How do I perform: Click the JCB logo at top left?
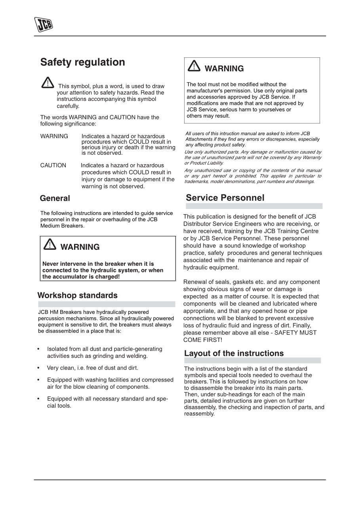[43, 25]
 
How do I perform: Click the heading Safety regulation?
[82, 63]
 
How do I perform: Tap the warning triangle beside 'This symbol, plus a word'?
[47, 82]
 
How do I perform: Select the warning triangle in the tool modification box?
[194, 66]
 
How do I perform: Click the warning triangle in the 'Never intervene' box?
[50, 245]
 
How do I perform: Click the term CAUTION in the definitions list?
[53, 165]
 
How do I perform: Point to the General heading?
[55, 199]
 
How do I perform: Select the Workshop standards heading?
[77, 296]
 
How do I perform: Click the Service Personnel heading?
[225, 198]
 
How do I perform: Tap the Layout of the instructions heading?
[234, 353]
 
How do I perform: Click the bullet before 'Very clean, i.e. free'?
[38, 368]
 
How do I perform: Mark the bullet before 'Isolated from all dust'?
[38, 349]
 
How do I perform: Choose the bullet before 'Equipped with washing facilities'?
[38, 380]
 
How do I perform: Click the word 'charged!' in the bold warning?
[107, 277]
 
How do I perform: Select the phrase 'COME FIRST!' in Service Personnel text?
[203, 340]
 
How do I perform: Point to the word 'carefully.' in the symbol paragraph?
[68, 106]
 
